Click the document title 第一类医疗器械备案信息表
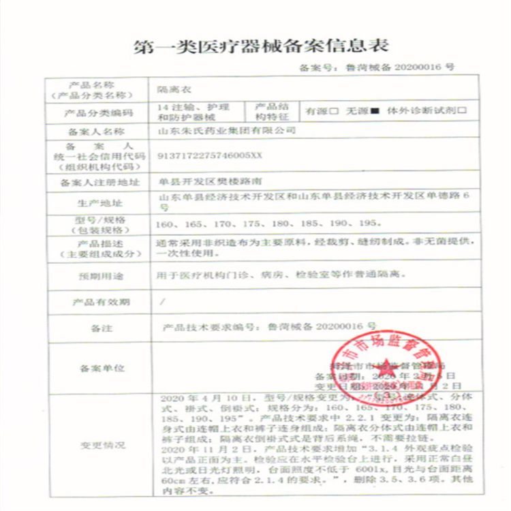[255, 47]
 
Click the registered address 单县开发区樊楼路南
[208, 183]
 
